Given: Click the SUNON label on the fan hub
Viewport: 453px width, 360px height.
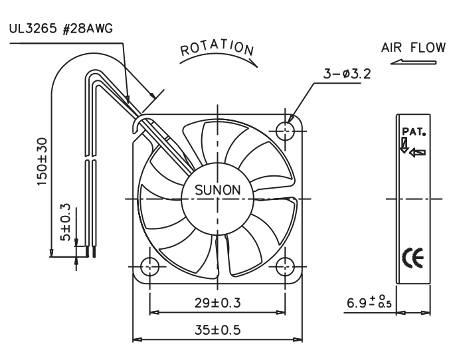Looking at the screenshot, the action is pyautogui.click(x=218, y=190).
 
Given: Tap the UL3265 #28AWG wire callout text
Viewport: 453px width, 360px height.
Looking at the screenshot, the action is pyautogui.click(x=61, y=29).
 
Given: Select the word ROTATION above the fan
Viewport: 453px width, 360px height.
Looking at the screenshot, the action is pyautogui.click(x=217, y=48).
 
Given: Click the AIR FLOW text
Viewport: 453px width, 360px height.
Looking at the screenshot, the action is pyautogui.click(x=413, y=48).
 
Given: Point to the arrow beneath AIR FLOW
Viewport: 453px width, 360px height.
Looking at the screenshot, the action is pyautogui.click(x=413, y=62).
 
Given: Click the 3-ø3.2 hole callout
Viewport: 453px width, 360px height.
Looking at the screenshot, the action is pyautogui.click(x=347, y=74).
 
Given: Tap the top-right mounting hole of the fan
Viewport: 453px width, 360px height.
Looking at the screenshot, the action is pyautogui.click(x=285, y=131).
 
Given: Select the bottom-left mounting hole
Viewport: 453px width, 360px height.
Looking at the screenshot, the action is pyautogui.click(x=149, y=266).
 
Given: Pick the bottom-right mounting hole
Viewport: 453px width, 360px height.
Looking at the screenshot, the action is pyautogui.click(x=285, y=266).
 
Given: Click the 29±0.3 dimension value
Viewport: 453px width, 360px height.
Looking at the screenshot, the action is pyautogui.click(x=218, y=303).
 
